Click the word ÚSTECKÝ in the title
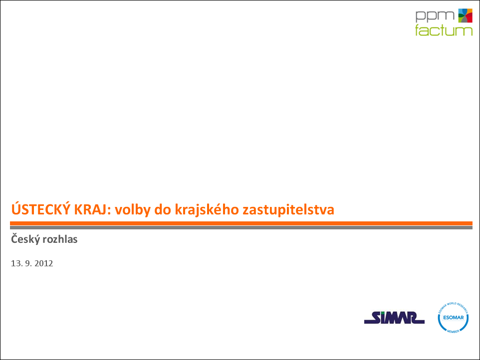point(41,209)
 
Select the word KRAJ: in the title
point(92,210)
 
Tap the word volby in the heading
point(133,210)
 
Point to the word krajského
point(207,209)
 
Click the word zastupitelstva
point(288,210)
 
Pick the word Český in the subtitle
point(25,239)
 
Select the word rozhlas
point(60,239)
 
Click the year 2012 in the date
point(44,263)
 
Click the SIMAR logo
point(394,318)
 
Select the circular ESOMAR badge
point(453,317)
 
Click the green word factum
point(444,30)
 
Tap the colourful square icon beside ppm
point(465,15)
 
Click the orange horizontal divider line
point(241,223)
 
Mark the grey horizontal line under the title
point(241,227)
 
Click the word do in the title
point(163,210)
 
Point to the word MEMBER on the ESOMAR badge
point(453,331)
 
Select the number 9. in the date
point(28,263)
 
